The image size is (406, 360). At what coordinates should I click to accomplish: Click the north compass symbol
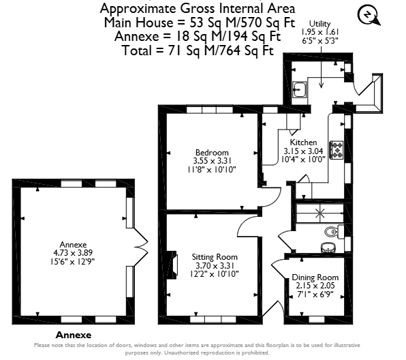click(369, 15)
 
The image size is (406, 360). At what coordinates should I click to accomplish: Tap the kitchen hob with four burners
click(337, 149)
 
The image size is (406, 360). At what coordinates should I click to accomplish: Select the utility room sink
click(300, 89)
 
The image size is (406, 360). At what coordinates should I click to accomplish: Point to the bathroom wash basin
click(328, 247)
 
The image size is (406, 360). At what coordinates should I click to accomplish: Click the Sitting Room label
click(215, 257)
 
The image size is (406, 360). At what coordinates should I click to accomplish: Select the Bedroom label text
click(212, 152)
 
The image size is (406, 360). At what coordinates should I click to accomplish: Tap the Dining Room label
click(315, 277)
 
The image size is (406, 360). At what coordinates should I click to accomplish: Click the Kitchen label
click(303, 142)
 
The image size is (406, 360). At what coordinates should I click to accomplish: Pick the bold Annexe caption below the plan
click(74, 335)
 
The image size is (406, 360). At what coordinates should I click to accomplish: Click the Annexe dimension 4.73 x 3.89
click(73, 252)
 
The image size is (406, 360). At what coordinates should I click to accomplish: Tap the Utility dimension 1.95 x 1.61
click(319, 32)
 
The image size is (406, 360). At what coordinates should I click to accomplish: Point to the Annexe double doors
click(140, 245)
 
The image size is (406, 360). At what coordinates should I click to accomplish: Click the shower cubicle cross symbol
click(320, 213)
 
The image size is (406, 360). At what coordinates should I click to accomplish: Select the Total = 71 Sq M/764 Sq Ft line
click(198, 50)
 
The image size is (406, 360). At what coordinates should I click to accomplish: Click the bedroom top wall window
click(210, 110)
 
